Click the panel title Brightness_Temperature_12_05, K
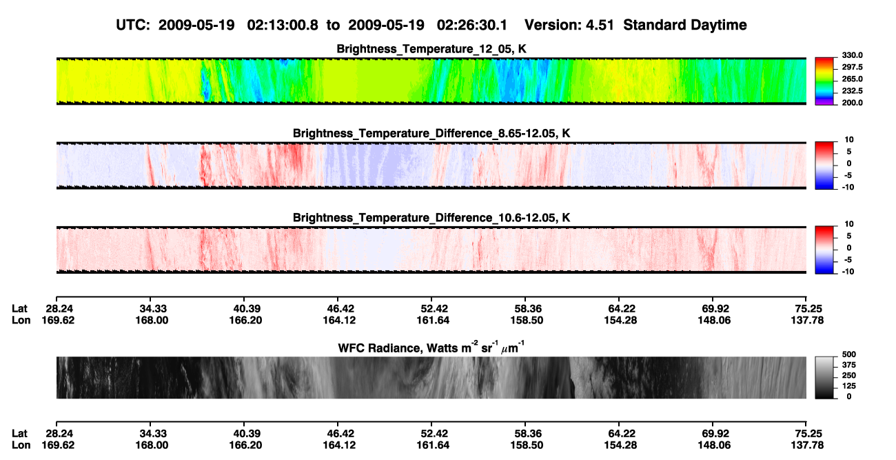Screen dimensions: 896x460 point(431,49)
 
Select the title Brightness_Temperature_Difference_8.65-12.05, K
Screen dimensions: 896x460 point(431,133)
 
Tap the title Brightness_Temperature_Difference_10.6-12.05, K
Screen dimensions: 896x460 point(431,218)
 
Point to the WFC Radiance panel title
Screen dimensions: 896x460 point(431,347)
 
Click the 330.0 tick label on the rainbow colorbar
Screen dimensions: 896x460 point(852,55)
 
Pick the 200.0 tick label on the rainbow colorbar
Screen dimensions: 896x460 point(852,103)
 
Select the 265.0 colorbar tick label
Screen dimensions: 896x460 point(852,79)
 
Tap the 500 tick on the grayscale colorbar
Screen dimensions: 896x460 point(849,354)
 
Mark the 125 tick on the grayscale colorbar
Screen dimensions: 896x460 point(849,386)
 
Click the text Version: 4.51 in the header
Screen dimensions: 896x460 point(569,26)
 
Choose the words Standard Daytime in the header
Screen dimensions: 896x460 point(685,26)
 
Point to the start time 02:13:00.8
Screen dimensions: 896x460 point(283,26)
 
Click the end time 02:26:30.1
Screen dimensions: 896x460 point(472,26)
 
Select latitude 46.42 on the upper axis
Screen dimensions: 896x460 point(339,309)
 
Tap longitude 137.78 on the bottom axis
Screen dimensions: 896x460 point(807,446)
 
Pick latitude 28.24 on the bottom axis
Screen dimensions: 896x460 point(59,434)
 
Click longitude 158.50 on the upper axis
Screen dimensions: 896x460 point(527,320)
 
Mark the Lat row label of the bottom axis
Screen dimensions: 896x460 point(19,434)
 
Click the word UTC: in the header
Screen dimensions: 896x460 point(133,26)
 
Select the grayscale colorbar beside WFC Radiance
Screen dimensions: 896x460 point(824,377)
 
